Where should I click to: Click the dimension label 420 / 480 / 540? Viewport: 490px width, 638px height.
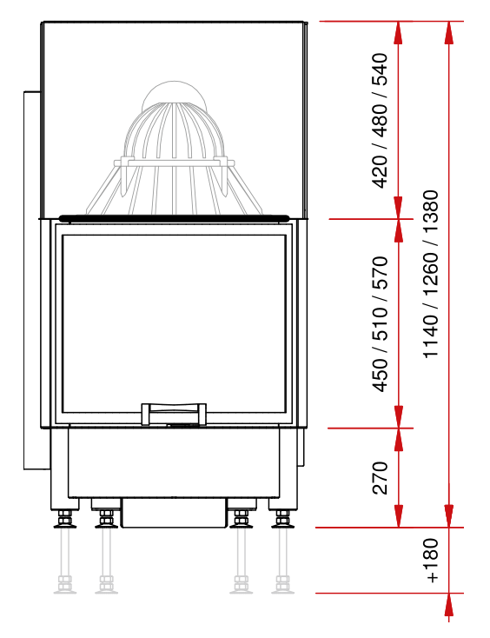pos(380,121)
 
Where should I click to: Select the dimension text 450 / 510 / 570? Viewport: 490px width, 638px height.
pos(380,324)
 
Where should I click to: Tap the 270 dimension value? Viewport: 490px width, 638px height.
pos(380,478)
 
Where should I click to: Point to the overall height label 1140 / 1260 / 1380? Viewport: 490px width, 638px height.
pos(431,275)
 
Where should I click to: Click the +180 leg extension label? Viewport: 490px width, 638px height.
pos(431,561)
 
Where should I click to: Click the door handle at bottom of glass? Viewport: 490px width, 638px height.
pos(174,414)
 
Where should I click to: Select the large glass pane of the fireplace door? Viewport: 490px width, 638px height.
pos(174,324)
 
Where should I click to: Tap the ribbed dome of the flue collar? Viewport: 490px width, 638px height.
pos(174,130)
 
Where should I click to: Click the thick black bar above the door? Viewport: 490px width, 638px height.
pos(174,218)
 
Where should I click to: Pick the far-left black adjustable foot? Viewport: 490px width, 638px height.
pos(64,520)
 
